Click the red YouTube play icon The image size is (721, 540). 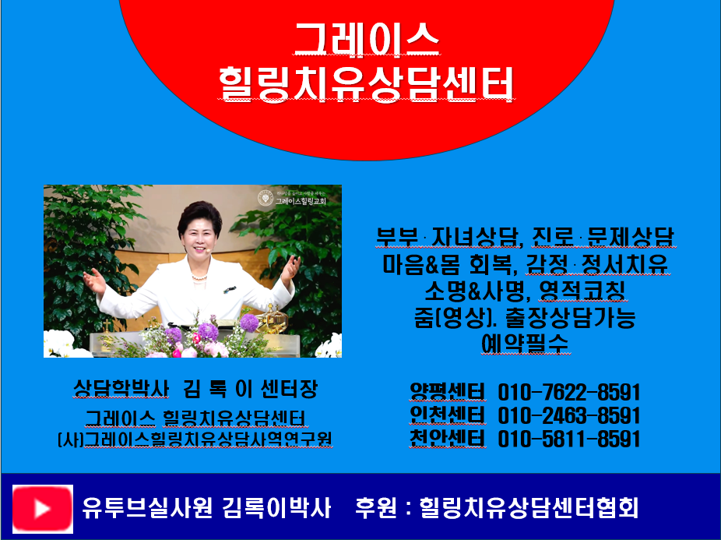(42, 509)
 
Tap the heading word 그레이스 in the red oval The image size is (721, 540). (367, 40)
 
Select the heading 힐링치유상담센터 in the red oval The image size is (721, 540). (366, 83)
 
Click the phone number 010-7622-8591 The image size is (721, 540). (569, 392)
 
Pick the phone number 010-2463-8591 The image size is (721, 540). (569, 415)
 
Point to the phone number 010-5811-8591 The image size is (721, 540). (569, 438)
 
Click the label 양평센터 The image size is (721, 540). (447, 392)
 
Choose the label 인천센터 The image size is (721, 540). (447, 415)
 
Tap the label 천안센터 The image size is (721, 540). (447, 438)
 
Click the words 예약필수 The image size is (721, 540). (525, 343)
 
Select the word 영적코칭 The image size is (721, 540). (582, 291)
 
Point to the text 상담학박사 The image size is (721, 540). (121, 389)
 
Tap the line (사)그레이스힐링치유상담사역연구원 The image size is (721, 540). (195, 439)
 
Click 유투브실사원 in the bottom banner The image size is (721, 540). (147, 507)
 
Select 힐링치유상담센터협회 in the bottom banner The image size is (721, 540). (529, 507)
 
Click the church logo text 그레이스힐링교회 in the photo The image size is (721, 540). (301, 201)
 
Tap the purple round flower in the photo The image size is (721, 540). (248, 323)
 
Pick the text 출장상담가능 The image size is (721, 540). (570, 317)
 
